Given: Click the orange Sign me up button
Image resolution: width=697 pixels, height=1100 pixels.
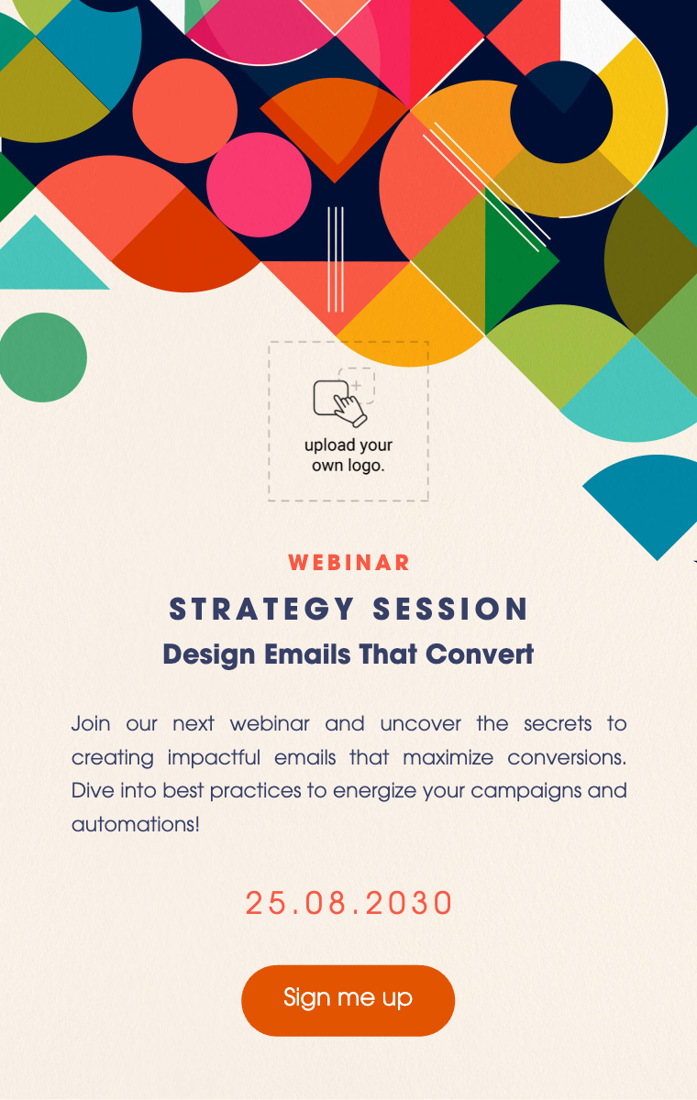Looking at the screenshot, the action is [348, 1000].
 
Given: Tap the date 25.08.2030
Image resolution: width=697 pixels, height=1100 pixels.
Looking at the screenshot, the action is [348, 903].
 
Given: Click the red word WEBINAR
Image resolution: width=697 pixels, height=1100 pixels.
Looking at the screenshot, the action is [348, 563].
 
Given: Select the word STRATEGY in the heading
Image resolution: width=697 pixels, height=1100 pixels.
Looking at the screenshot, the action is [261, 609].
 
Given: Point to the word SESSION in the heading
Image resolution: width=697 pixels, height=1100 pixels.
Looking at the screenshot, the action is [450, 609].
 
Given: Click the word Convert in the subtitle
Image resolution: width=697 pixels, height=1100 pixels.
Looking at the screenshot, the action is [480, 654].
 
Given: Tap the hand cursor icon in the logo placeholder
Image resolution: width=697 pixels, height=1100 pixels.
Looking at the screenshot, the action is [349, 410].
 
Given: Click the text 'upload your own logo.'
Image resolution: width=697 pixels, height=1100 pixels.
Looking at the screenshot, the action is [348, 456].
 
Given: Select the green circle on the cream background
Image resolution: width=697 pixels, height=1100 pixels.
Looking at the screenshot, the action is [42, 357].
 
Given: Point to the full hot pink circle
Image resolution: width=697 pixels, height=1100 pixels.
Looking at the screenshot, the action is [259, 184].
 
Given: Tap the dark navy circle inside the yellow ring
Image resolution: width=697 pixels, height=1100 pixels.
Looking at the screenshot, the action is [561, 112].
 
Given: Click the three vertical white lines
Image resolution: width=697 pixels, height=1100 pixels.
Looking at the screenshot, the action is [336, 259].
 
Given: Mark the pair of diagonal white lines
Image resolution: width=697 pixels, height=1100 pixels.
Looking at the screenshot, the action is [486, 187].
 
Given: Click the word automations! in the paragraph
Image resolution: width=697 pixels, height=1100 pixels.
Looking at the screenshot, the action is [136, 824].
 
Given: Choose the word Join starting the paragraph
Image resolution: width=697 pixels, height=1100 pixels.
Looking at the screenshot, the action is [91, 724].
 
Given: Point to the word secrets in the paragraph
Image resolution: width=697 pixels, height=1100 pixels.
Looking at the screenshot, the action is [558, 724].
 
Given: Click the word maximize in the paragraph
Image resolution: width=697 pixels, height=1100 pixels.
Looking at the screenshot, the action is [448, 758].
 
